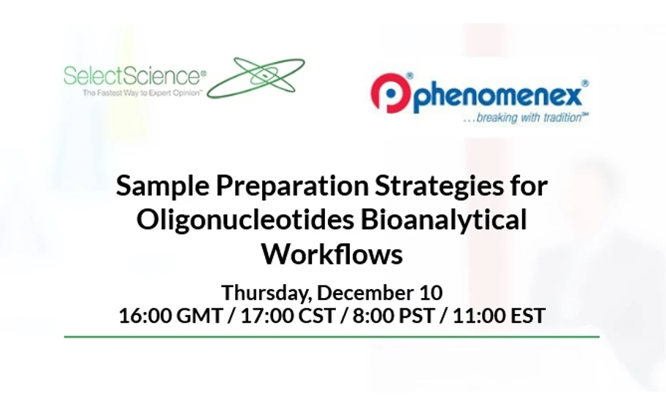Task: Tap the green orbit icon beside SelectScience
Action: (256, 77)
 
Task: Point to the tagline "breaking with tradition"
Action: (525, 118)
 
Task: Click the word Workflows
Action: (332, 254)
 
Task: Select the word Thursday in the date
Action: (268, 293)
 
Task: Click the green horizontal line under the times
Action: (332, 337)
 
